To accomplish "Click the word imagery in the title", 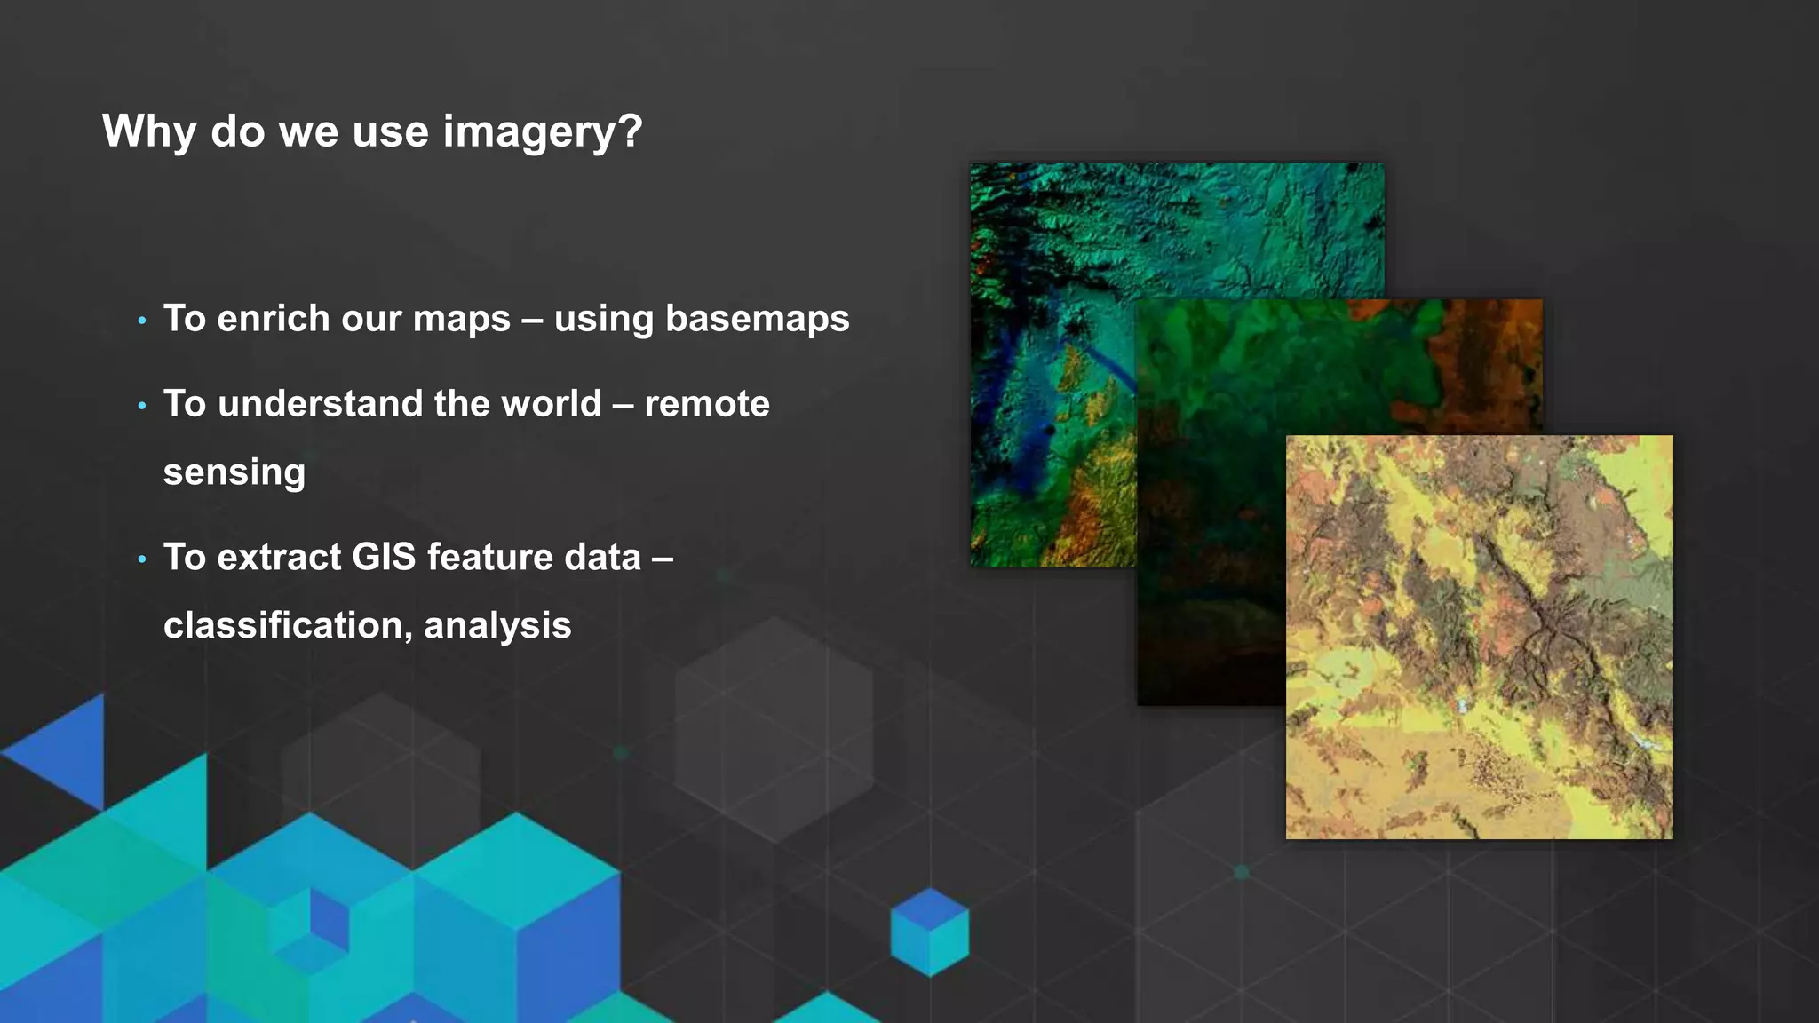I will [x=542, y=132].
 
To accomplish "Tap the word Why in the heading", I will [x=149, y=132].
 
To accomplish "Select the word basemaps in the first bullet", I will [x=757, y=319].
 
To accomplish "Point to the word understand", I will [x=321, y=404].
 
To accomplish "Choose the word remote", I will [x=707, y=404].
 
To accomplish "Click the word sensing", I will [x=234, y=472].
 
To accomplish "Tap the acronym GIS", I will [x=384, y=558].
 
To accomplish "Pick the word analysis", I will [x=497, y=625].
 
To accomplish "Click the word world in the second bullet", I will [x=552, y=404].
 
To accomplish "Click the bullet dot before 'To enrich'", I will [x=142, y=321].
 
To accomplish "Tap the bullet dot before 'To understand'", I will [x=142, y=406].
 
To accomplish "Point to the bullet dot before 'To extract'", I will [x=142, y=559].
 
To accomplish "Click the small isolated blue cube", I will [x=929, y=932].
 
